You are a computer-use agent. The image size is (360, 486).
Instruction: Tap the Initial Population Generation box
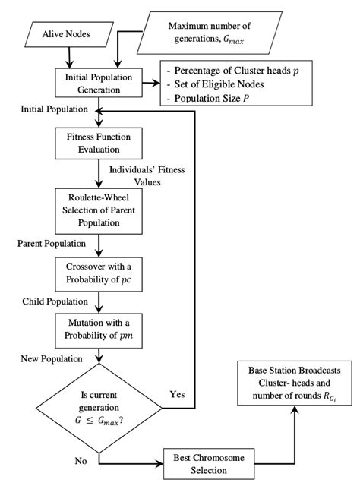tap(98, 82)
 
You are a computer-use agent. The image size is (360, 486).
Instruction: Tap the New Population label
tap(49, 357)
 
